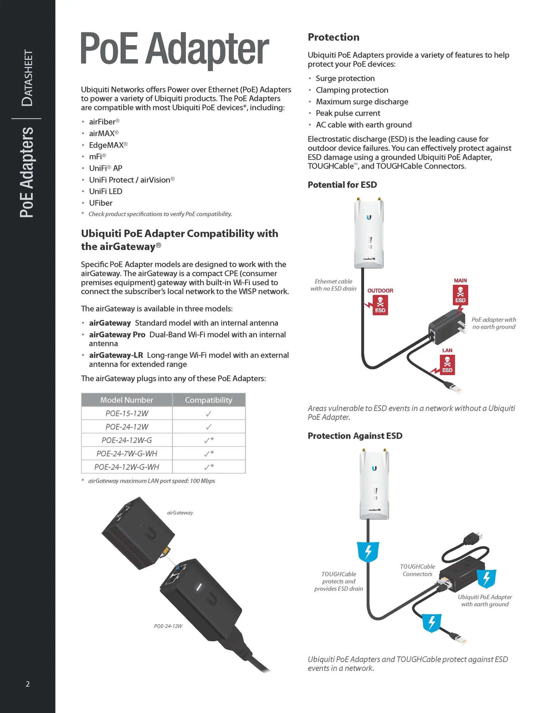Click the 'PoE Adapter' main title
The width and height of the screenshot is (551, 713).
coord(175,49)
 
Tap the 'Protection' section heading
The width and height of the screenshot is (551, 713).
coord(333,37)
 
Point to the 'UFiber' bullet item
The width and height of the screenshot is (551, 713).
coord(101,203)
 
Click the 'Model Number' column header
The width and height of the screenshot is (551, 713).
coord(127,400)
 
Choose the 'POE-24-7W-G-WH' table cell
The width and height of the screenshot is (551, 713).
coord(127,454)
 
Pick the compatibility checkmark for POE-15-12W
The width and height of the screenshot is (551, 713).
coord(208,414)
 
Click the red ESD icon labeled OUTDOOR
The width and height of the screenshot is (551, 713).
coord(380,305)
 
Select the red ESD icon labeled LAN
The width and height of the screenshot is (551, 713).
coord(447,365)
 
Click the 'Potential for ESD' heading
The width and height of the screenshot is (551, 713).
coord(342,185)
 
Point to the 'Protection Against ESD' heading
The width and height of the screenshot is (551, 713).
coord(355,436)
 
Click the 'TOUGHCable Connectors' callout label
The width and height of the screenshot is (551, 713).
coord(417,570)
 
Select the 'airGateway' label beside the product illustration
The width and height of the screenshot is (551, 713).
coord(180,513)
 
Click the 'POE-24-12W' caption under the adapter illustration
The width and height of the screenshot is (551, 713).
coord(168,626)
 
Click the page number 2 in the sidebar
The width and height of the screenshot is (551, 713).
coord(28,684)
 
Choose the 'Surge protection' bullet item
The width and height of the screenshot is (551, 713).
coord(345,78)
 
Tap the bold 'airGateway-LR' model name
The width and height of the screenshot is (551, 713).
coord(116,355)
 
